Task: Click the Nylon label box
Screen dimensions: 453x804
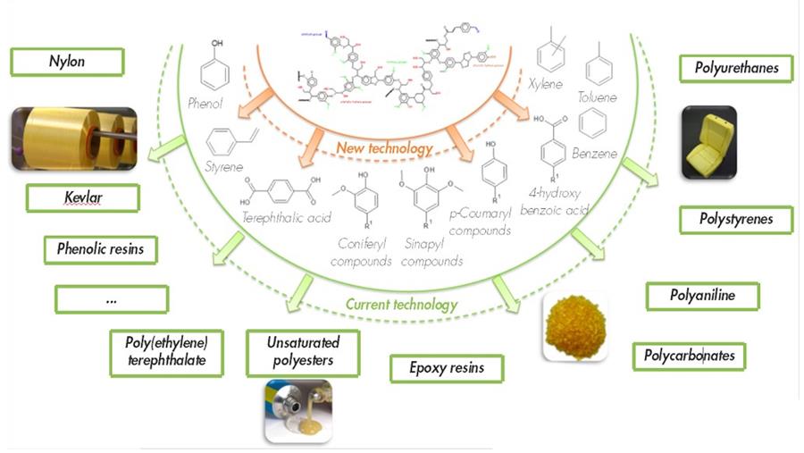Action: point(67,63)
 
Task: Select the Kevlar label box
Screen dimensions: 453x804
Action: point(82,197)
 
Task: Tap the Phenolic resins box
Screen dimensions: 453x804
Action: point(100,249)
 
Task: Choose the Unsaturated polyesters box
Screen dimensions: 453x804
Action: point(302,352)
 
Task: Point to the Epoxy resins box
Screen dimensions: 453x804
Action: point(447,368)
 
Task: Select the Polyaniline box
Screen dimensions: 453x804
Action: point(701,296)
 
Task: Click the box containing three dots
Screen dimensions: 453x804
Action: point(111,298)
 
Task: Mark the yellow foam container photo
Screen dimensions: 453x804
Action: point(708,142)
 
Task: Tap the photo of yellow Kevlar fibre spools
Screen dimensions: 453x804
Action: point(74,138)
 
